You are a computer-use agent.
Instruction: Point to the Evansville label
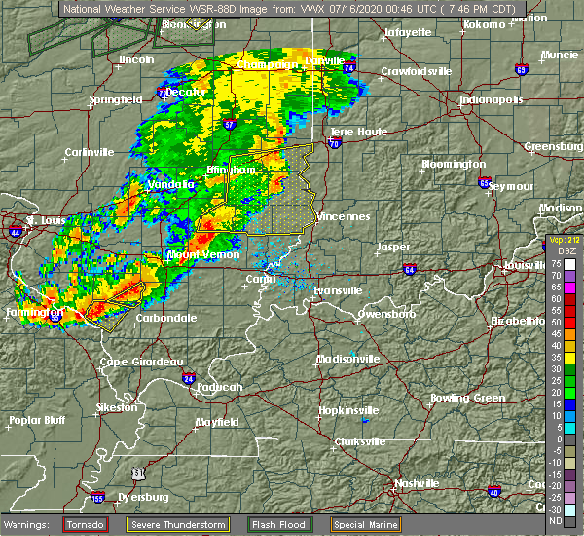point(339,290)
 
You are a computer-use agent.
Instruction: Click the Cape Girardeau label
point(141,362)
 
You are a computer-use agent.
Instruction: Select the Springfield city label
point(116,99)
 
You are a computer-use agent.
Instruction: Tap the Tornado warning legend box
point(87,523)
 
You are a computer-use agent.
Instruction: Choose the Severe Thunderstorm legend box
point(216,523)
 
